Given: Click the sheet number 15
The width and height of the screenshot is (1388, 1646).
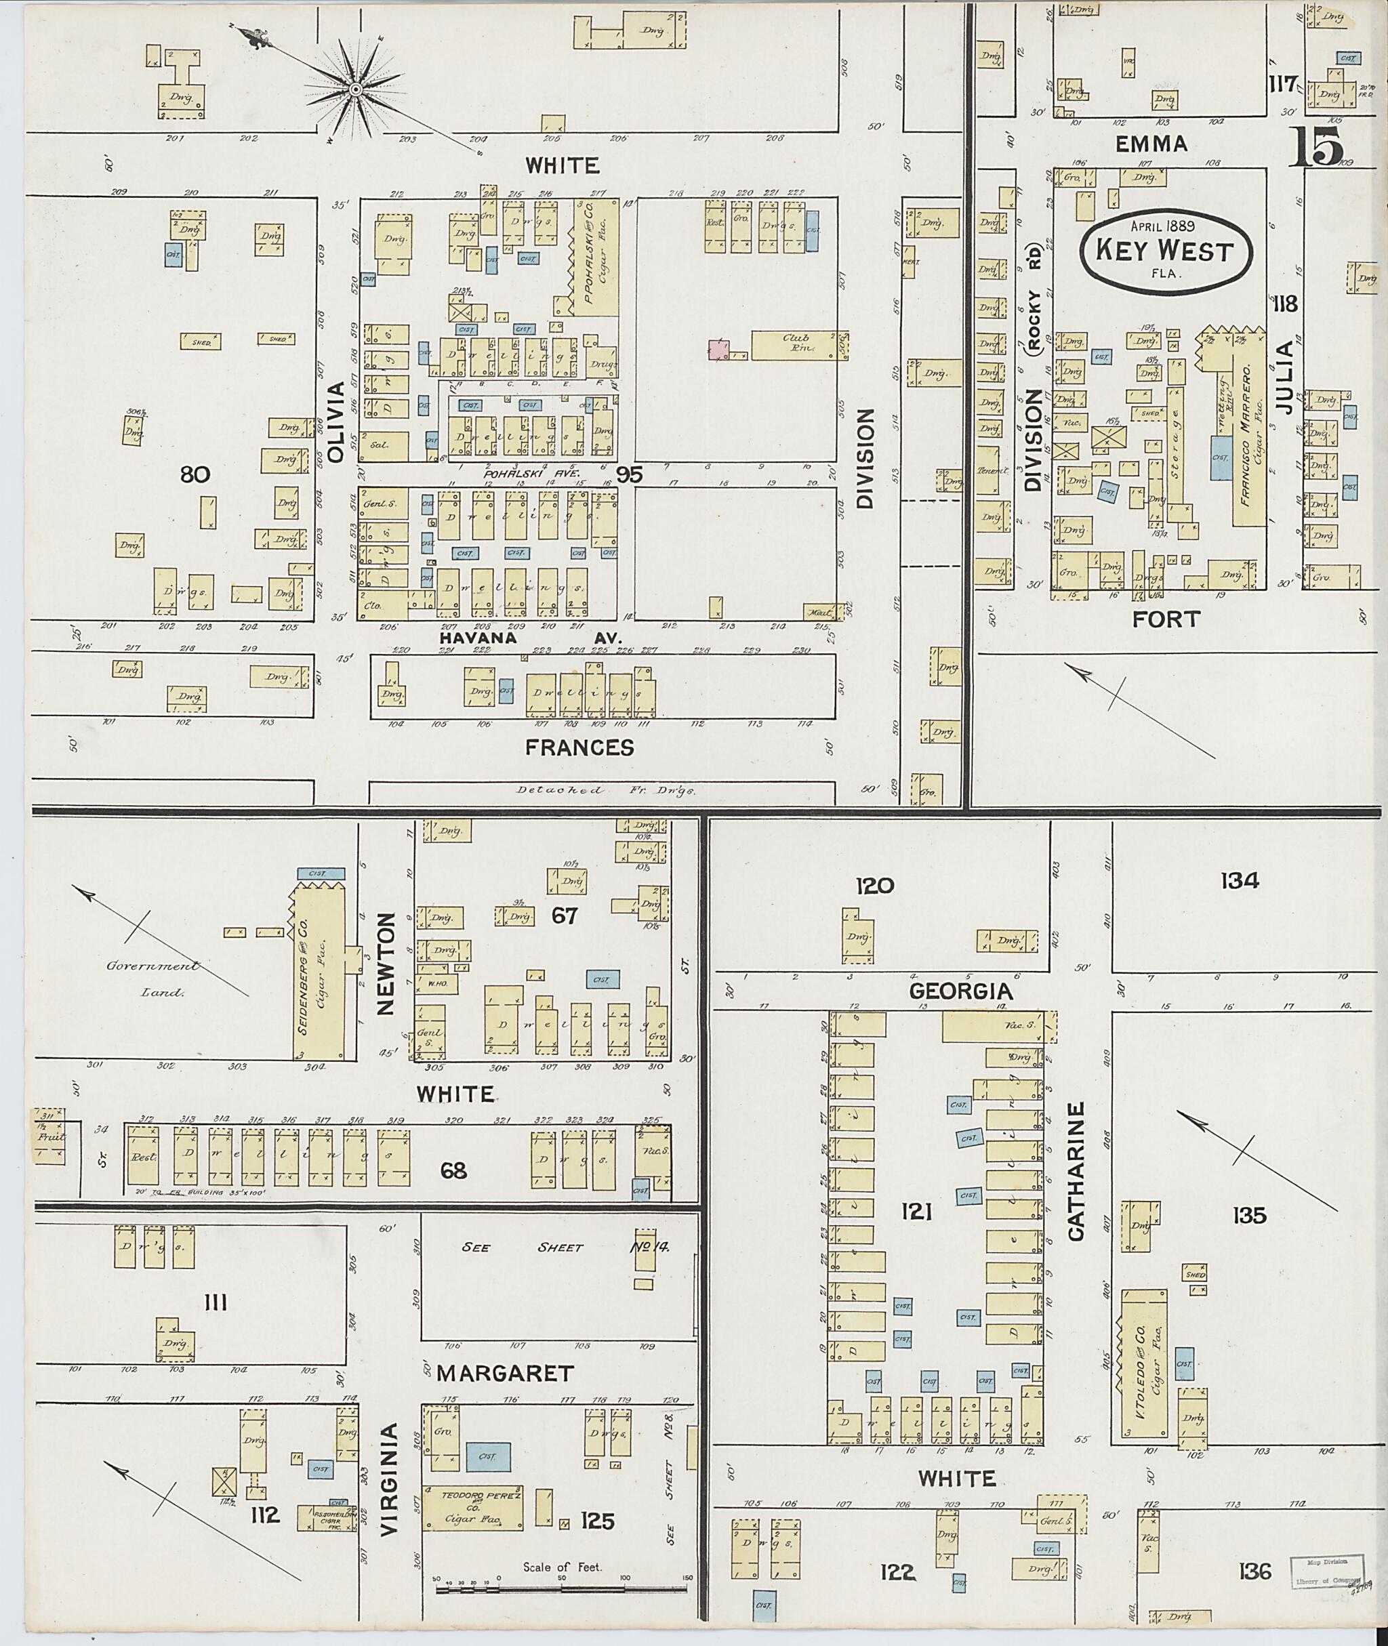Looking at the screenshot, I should tap(1316, 146).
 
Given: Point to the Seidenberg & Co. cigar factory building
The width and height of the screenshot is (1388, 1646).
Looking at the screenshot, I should tap(319, 972).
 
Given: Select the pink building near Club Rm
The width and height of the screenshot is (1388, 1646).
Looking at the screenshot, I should tap(719, 348).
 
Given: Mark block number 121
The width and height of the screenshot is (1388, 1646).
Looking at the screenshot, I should tap(917, 1212).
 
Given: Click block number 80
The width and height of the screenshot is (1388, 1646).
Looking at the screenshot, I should tap(195, 474).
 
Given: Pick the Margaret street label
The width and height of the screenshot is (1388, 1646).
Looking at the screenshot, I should tap(505, 1373).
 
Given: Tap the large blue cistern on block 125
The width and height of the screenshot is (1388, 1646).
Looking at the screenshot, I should tap(488, 1457).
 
